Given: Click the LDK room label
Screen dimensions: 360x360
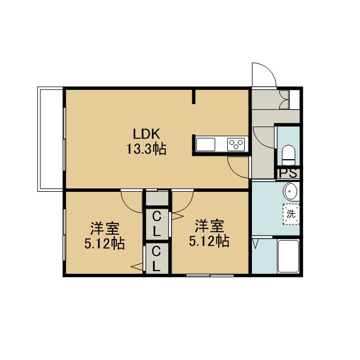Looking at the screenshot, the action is click(x=146, y=134).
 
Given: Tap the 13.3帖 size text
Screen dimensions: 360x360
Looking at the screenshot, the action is click(x=146, y=149).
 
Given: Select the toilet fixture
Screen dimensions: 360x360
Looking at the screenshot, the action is click(x=288, y=155).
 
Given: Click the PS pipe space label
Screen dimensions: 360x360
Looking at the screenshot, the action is click(x=288, y=173).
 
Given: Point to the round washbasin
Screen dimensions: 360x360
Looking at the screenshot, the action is click(x=290, y=191).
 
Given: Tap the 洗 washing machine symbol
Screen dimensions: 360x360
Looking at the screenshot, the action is click(x=291, y=214).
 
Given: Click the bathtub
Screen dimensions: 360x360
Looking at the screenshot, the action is click(x=288, y=256).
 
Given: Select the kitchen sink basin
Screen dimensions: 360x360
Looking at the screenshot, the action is click(x=205, y=145).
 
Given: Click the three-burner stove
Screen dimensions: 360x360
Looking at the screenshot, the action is click(x=236, y=145).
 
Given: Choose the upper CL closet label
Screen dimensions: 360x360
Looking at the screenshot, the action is click(x=156, y=224).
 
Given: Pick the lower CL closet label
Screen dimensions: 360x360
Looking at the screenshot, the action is click(x=156, y=259).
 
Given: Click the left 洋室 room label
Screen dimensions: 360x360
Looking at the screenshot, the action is click(x=105, y=228).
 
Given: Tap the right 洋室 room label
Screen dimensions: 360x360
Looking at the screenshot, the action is click(x=209, y=226).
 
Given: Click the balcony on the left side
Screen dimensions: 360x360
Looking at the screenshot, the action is click(x=50, y=139).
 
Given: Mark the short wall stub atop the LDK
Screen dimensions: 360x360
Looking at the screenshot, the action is click(x=193, y=97).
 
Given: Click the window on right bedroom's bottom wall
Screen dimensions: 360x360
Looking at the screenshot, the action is click(x=210, y=275).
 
